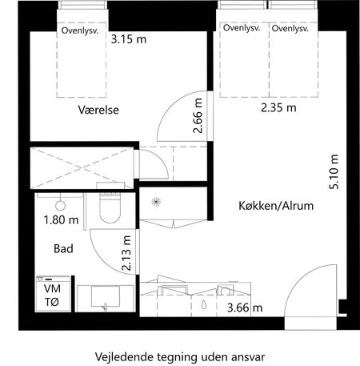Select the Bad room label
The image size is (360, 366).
64,249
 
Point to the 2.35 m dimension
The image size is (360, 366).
278,107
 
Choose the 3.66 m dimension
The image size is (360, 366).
245,306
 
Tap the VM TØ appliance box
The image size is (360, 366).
52,295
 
